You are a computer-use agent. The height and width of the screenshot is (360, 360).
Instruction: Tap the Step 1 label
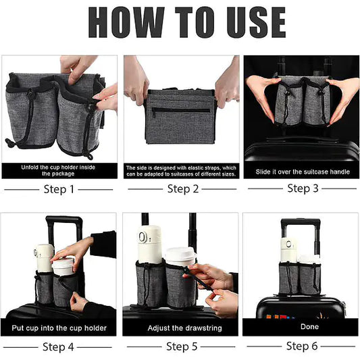point(59,189)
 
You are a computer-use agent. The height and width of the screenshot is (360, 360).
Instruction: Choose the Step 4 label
point(59,347)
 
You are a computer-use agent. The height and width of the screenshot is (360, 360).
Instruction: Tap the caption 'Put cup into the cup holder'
point(59,328)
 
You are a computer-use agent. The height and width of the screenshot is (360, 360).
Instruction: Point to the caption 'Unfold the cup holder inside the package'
point(59,170)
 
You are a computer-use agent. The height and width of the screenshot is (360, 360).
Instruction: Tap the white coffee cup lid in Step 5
point(180,254)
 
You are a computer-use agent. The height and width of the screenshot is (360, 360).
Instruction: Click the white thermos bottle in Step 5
point(149,243)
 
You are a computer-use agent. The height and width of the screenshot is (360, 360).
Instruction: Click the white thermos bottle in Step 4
point(45,257)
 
